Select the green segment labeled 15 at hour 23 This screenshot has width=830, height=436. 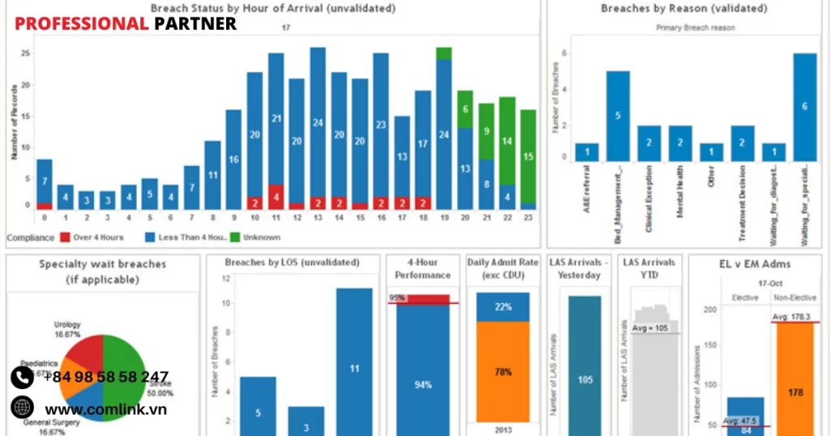(527, 156)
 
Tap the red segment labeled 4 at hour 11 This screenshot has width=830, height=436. (276, 196)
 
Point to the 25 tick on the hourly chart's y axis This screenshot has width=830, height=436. (26, 53)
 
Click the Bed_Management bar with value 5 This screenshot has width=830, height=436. (618, 116)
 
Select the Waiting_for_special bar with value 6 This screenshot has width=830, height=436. (804, 107)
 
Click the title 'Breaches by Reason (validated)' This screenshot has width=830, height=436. (683, 9)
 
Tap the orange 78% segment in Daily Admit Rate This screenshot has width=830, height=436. (503, 371)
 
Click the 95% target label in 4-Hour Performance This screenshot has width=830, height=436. (397, 297)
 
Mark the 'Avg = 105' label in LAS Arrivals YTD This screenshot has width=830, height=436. (652, 327)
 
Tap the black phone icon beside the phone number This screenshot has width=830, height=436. (22, 377)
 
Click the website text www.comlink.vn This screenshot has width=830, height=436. (105, 409)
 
